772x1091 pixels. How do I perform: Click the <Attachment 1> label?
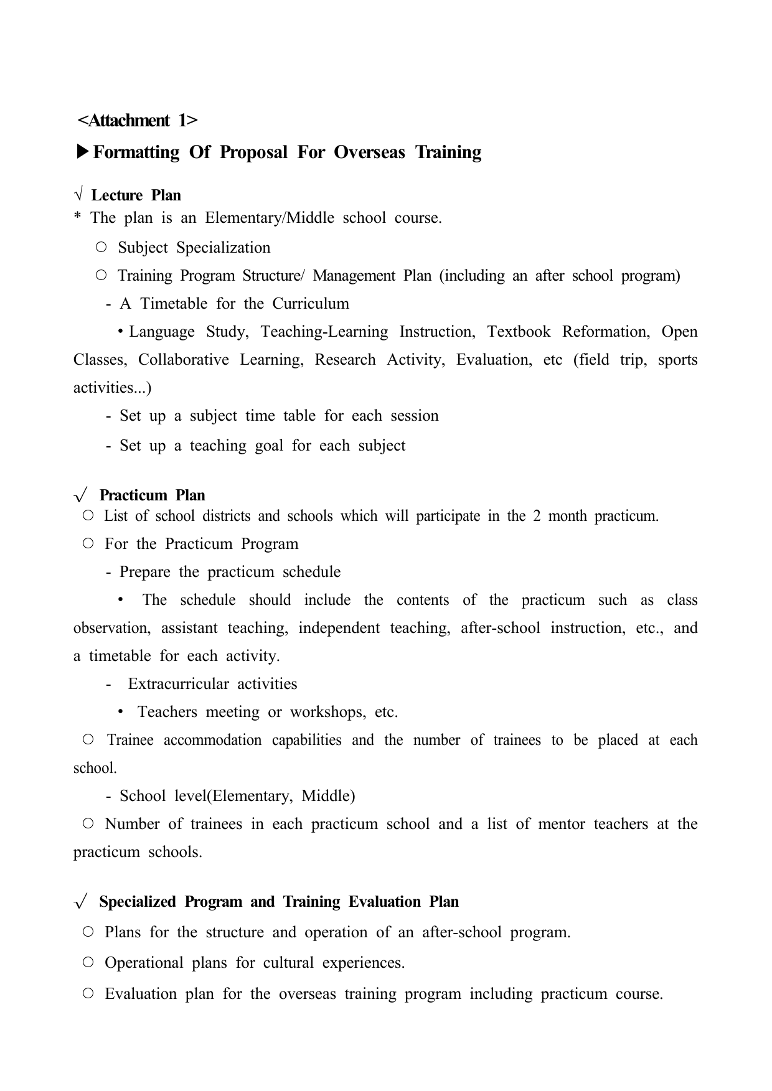point(137,120)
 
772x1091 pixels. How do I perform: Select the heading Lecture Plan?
point(136,195)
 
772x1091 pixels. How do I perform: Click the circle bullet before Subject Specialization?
point(101,247)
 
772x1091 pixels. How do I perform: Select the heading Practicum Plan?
point(152,495)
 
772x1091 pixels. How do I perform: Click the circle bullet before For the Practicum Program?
point(88,543)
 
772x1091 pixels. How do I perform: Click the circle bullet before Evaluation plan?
point(88,993)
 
